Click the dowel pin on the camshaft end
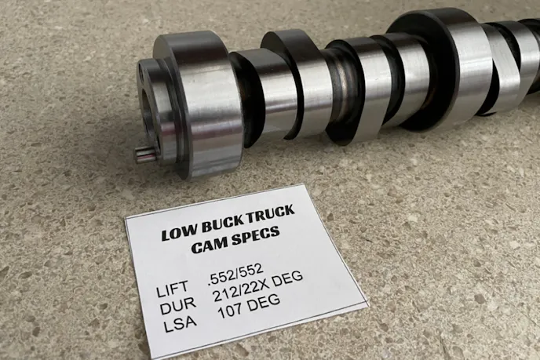click(144, 154)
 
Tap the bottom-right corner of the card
click(368, 304)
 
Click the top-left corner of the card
click(126, 215)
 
